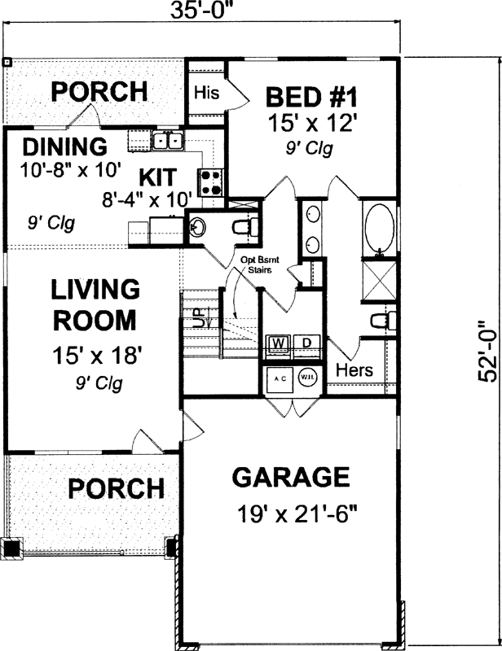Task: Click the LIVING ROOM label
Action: pos(96,304)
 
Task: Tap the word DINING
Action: pos(64,148)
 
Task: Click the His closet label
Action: pos(206,94)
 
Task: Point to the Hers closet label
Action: pos(354,370)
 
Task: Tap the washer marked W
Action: pos(277,343)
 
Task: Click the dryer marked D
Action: pos(306,343)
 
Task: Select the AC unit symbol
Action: pos(278,380)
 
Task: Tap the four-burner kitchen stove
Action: pos(211,181)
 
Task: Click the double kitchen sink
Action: pos(170,142)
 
